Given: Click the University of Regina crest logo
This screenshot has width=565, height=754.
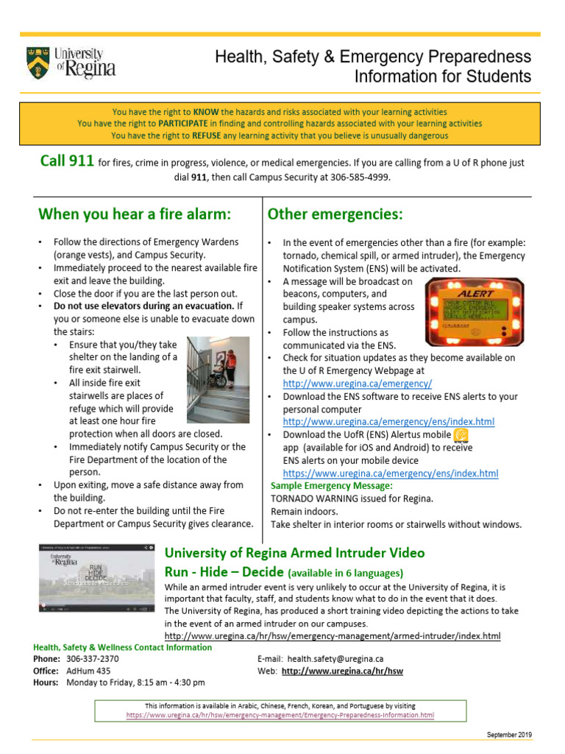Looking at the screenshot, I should click(x=39, y=63).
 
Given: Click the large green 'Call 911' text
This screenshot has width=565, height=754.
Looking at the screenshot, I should click(x=66, y=162).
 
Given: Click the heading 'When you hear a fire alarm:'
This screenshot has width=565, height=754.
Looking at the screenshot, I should click(x=135, y=214).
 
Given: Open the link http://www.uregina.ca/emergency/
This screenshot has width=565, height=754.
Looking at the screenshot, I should click(x=357, y=384).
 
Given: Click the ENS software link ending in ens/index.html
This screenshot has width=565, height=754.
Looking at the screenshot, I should click(x=388, y=422).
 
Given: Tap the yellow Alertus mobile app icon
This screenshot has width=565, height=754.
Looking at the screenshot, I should click(x=461, y=436).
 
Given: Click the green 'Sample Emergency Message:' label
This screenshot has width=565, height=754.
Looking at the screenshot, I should click(x=331, y=486).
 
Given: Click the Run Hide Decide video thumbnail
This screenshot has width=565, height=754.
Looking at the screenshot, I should click(x=97, y=579).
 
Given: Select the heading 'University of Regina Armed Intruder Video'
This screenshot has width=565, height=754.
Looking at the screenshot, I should click(x=294, y=553).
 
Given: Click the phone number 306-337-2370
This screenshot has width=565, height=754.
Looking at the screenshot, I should click(x=92, y=659).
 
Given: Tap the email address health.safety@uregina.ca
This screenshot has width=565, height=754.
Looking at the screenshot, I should click(x=335, y=659).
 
